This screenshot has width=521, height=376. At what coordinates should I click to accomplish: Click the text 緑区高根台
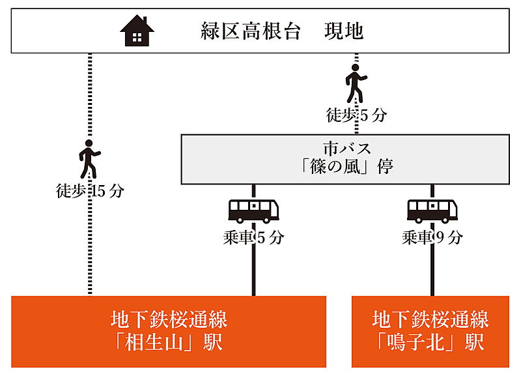[x=251, y=31]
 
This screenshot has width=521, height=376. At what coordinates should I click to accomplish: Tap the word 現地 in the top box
[x=343, y=31]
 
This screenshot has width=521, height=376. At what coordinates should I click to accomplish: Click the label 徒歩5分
[x=356, y=115]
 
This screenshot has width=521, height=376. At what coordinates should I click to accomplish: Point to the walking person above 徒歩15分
[x=90, y=160]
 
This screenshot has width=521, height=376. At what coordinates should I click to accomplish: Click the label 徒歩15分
[x=90, y=192]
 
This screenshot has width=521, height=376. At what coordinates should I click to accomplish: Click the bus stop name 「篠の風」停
[x=345, y=167]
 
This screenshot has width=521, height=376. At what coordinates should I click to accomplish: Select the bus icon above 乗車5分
[x=253, y=210]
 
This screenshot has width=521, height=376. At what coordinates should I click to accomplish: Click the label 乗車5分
[x=253, y=237]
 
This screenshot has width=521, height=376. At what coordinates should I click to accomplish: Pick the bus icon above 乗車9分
[x=432, y=210]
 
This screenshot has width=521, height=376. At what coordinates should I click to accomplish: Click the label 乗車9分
[x=432, y=237]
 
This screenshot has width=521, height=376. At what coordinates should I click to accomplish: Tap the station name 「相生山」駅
[x=169, y=342]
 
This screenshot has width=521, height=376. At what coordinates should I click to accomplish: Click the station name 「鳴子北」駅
[x=430, y=342]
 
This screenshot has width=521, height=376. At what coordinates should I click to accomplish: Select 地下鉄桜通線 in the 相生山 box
[x=169, y=319]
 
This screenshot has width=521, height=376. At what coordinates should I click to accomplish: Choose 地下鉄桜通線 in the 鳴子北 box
[x=430, y=319]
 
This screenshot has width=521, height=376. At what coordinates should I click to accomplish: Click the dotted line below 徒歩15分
[x=90, y=248]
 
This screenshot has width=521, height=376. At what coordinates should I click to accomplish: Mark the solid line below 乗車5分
[x=253, y=270]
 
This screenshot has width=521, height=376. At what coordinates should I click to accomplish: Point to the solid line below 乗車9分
[x=432, y=270]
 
